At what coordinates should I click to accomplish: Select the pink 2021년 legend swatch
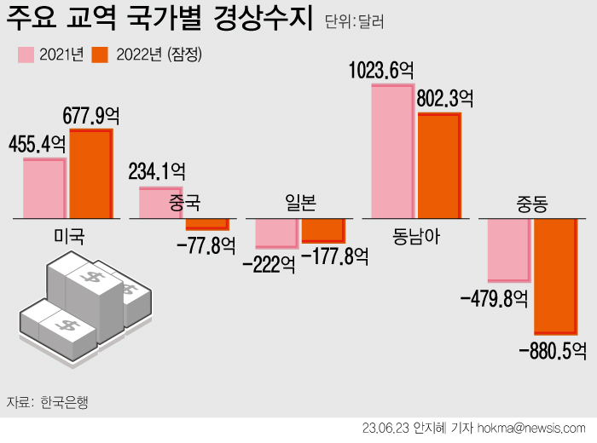(27, 55)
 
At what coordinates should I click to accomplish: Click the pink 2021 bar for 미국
(44, 187)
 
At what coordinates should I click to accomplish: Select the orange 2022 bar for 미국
(90, 174)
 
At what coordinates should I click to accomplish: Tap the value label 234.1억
(156, 172)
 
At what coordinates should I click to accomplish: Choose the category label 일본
(299, 203)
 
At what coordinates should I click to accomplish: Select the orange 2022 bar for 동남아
(438, 165)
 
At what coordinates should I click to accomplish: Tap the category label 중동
(531, 204)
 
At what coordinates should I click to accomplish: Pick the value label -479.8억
(494, 298)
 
